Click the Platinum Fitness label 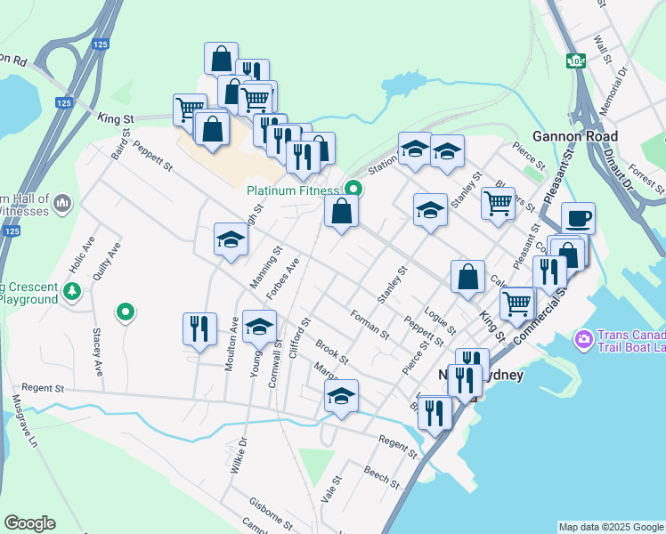point(293,190)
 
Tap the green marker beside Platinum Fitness point(353,188)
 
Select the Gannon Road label point(575,136)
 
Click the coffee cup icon point(578,218)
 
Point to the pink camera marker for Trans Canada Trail point(584,338)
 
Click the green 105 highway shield point(576,61)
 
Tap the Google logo point(29,523)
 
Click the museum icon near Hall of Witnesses point(62,204)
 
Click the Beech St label point(382,476)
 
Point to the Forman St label point(370,324)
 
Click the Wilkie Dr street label point(237,455)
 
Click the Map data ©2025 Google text point(611,527)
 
